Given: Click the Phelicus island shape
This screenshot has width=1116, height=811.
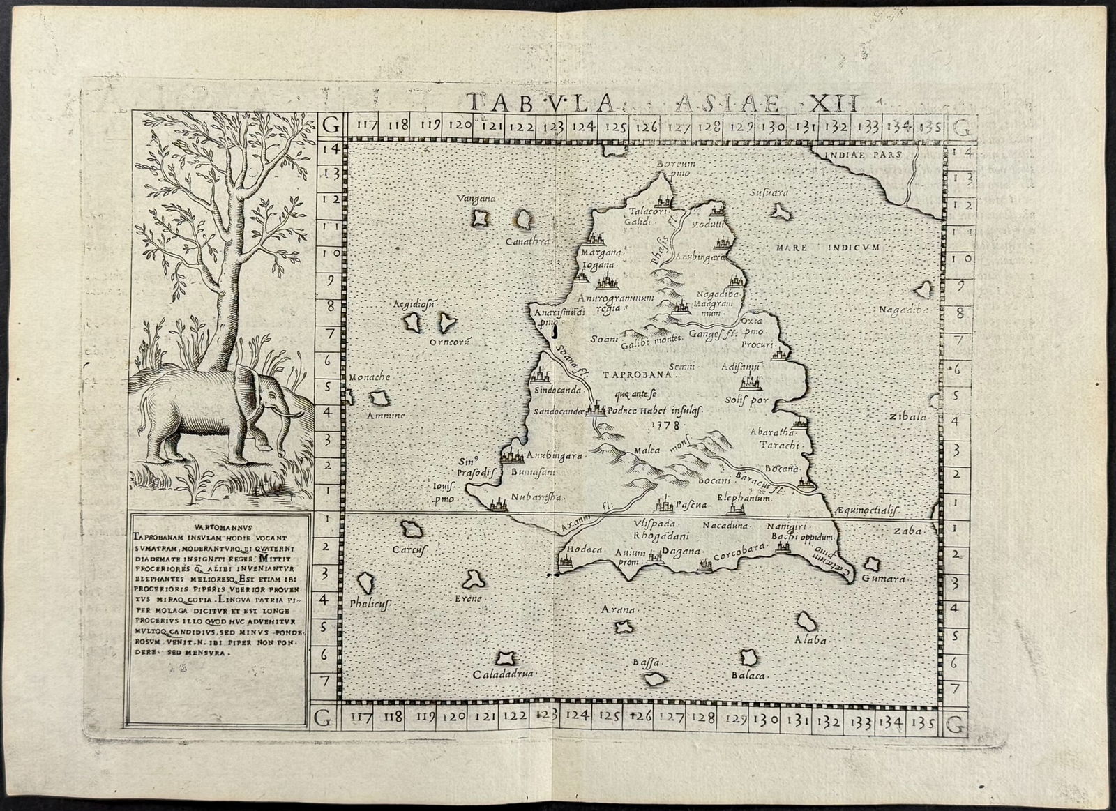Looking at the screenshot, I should (x=364, y=583).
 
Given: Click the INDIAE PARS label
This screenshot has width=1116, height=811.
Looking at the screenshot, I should (x=861, y=154).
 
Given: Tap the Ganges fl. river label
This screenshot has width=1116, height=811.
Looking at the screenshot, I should (x=713, y=335).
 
